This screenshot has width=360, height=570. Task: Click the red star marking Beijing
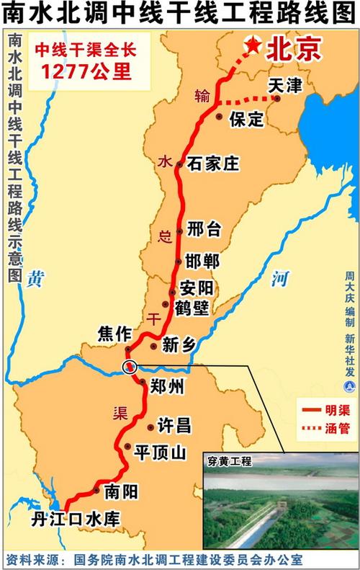point(253,45)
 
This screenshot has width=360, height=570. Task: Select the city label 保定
point(246,120)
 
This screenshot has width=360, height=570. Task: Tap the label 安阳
point(197,288)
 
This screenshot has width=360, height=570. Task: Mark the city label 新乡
point(179,346)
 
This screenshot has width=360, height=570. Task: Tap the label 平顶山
point(160,452)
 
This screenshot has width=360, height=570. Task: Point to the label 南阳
point(120,491)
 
